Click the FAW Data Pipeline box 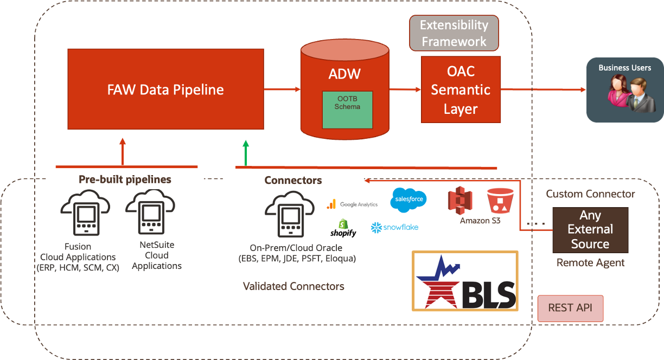(165, 89)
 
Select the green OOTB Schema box (347, 110)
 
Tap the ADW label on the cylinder (344, 74)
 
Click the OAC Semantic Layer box (460, 89)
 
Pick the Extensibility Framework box (454, 33)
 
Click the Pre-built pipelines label (125, 179)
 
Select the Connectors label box (293, 181)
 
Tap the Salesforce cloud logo (408, 200)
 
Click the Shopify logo (343, 228)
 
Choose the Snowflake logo (394, 228)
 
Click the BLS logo (465, 281)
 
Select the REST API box (570, 308)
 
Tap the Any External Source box (590, 230)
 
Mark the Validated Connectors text (293, 286)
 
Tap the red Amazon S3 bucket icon (500, 201)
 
